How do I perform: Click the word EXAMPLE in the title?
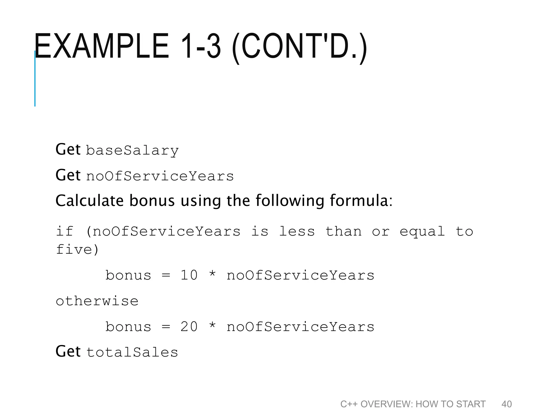pos(101,46)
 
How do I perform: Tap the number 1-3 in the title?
pos(200,46)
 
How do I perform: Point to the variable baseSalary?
pos(132,150)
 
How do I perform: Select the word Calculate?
pos(90,201)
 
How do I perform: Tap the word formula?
pos(361,201)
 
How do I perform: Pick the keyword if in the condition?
pos(65,232)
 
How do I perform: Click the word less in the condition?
pos(297,232)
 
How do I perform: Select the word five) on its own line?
pos(77,250)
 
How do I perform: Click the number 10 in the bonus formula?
pos(189,275)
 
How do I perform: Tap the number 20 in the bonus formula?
pos(189,327)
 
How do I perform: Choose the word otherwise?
pos(97,301)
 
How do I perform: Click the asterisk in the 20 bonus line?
pos(213,326)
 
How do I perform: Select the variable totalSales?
pos(132,352)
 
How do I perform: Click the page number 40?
pos(507,404)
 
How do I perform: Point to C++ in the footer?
pos(348,404)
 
